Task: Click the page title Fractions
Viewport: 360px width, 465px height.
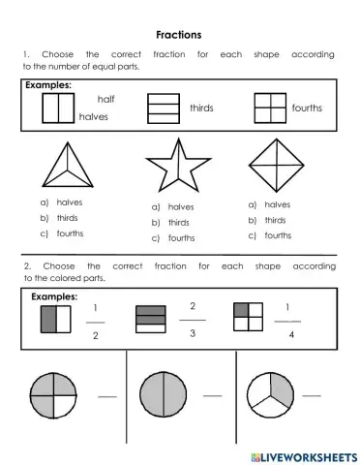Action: point(179,34)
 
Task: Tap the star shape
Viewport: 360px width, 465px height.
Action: point(177,166)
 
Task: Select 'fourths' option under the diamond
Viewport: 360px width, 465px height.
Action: point(278,235)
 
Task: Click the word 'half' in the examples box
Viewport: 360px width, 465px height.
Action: point(106,99)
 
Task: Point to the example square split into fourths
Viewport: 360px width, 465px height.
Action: point(270,108)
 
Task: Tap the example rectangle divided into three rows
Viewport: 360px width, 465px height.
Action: point(164,108)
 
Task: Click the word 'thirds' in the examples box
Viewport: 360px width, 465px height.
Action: point(201,108)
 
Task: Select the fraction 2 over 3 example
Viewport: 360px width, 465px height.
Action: point(193,320)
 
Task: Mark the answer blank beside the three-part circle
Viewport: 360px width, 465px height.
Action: point(311,395)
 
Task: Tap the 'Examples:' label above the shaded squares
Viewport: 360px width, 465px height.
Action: point(54,295)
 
